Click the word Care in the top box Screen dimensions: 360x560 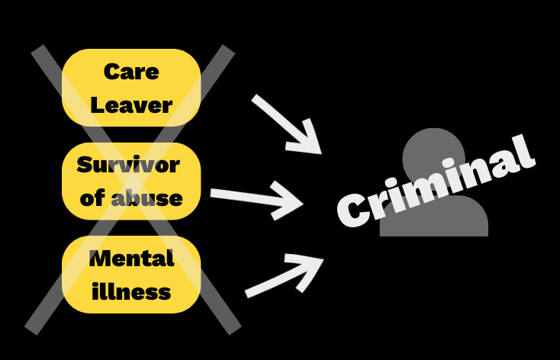[x=130, y=72]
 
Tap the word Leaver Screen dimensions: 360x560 [x=130, y=104]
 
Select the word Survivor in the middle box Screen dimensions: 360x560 [x=128, y=165]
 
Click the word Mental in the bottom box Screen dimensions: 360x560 [x=131, y=258]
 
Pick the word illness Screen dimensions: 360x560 [x=131, y=291]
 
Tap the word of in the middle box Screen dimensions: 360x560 [x=92, y=198]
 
